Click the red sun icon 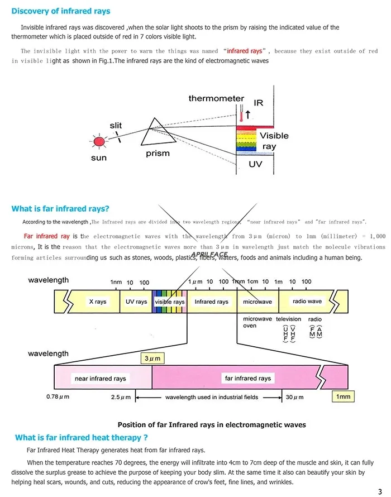pos(99,141)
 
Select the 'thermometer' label pos(216,99)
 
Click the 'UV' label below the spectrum pos(255,165)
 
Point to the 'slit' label pos(116,126)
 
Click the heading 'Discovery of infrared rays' pos(61,11)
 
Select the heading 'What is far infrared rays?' pos(60,209)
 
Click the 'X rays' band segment pos(98,302)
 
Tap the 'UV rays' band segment pos(136,302)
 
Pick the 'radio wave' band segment pos(307,301)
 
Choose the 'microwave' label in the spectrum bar pos(258,302)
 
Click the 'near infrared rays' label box pos(101,379)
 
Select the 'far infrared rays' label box pos(248,378)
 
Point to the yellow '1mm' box pos(344,396)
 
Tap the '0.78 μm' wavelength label pos(60,397)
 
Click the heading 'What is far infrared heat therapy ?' pos(82,438)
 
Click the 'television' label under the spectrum pos(289,319)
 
